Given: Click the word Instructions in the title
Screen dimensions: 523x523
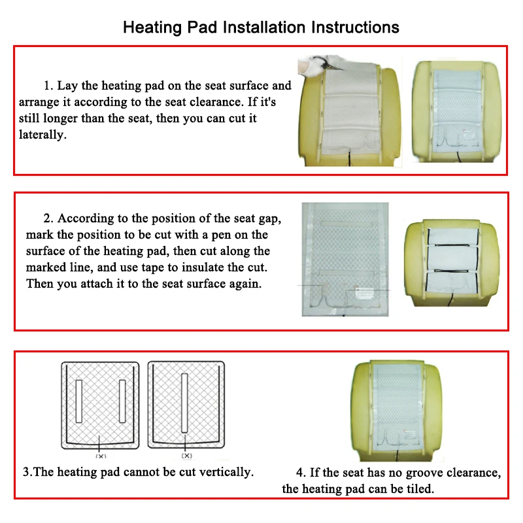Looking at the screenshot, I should click(x=355, y=27).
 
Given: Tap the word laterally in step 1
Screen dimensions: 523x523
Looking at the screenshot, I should click(x=43, y=135).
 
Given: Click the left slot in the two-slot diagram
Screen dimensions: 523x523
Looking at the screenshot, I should click(x=80, y=399).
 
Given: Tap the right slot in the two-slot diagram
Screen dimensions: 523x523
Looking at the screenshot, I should click(x=122, y=399).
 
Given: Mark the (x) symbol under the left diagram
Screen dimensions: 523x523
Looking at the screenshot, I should click(x=101, y=456).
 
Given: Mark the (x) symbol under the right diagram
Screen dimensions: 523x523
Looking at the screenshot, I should click(x=187, y=456).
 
